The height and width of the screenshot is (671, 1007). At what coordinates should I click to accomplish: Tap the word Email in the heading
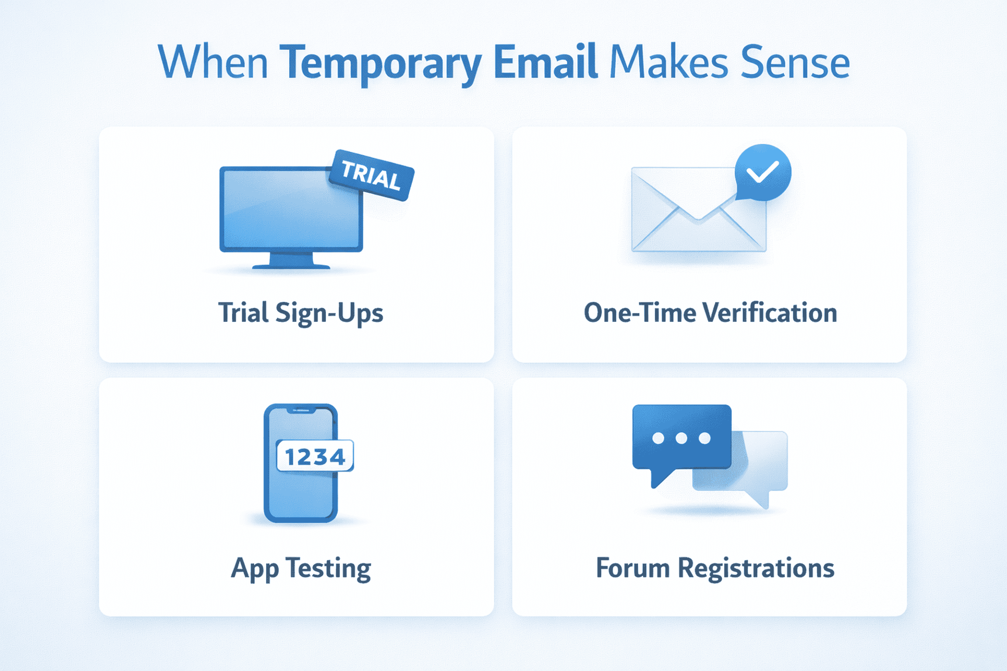(545, 62)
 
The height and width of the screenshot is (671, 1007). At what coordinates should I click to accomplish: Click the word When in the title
(213, 62)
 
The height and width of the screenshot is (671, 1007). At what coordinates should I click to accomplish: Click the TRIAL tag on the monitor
(371, 175)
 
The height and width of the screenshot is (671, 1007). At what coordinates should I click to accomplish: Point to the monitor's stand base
(291, 265)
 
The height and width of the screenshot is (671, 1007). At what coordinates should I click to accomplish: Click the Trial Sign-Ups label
(300, 313)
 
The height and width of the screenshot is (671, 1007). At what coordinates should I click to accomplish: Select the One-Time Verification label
(710, 313)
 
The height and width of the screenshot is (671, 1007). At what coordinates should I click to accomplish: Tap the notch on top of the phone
(301, 410)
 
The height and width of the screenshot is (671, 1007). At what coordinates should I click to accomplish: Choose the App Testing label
(301, 568)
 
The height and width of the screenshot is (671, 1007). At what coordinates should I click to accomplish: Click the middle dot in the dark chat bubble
(681, 438)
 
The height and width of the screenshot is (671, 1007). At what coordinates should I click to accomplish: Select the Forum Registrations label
(715, 568)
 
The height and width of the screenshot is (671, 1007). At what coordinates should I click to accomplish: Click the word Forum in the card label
(632, 568)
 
